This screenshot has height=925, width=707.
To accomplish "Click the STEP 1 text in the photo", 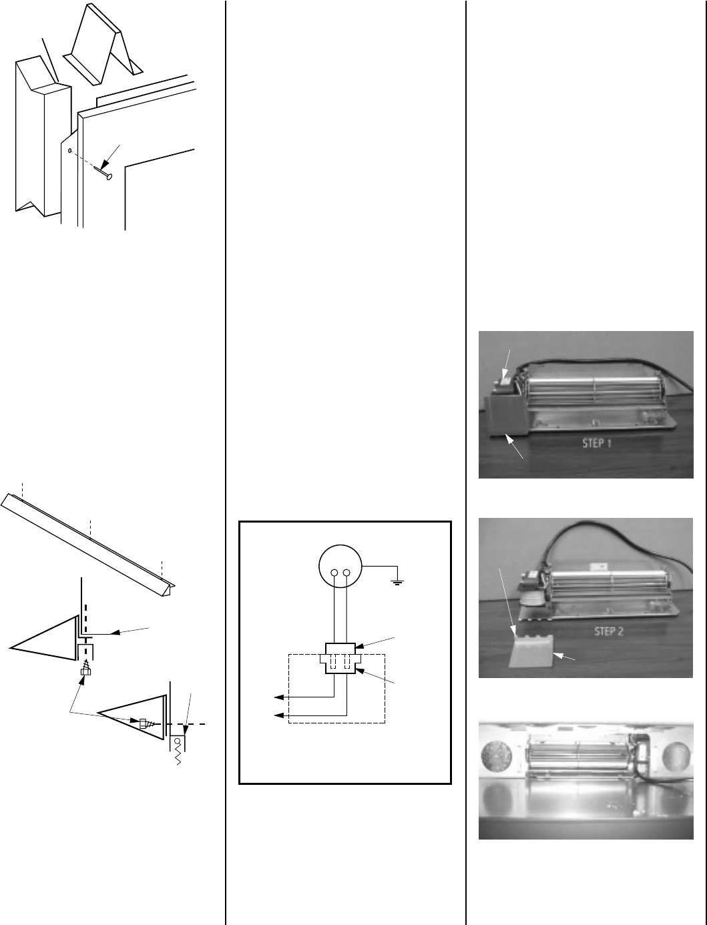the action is (x=597, y=443).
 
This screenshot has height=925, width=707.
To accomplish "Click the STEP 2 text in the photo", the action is (x=608, y=631).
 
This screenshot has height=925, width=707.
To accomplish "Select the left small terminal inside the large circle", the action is (x=334, y=573).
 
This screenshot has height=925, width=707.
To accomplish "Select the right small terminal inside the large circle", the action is (x=347, y=573).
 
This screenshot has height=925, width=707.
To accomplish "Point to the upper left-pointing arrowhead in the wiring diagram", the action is (x=278, y=697).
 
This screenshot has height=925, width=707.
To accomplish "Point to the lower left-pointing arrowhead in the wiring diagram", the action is (x=278, y=715).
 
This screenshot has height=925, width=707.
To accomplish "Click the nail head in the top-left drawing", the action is (x=109, y=177).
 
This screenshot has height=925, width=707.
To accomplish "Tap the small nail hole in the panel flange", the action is (x=70, y=150).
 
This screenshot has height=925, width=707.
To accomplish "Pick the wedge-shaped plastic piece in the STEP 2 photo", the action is (x=529, y=652).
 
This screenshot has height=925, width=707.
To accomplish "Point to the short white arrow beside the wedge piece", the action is (x=563, y=657).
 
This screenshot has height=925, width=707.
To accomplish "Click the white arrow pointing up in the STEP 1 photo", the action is (x=514, y=446).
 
